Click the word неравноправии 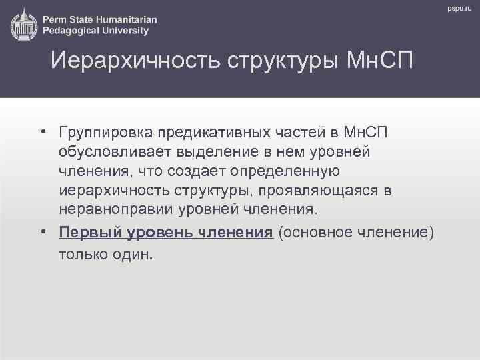[116, 210]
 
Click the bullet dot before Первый [41, 231]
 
